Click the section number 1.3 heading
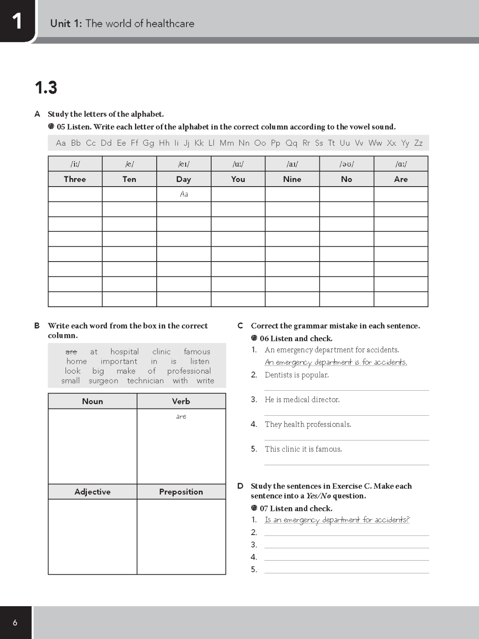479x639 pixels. click(x=46, y=88)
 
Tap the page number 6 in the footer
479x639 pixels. click(x=15, y=623)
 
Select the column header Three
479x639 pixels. click(x=75, y=179)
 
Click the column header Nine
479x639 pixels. click(x=292, y=179)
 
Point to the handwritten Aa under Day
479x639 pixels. click(x=184, y=194)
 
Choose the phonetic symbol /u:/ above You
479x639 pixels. click(x=238, y=164)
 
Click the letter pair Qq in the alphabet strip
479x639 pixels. click(x=291, y=143)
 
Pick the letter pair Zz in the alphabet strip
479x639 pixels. click(x=418, y=143)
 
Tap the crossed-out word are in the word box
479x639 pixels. click(x=71, y=352)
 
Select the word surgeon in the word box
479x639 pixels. click(x=103, y=381)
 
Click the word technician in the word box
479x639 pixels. click(x=145, y=381)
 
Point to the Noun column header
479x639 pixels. click(x=92, y=401)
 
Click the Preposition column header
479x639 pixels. click(x=181, y=492)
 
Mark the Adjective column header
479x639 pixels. click(x=92, y=492)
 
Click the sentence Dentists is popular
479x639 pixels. click(x=297, y=375)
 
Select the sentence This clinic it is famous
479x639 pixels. click(x=303, y=449)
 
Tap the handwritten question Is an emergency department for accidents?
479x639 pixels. click(x=337, y=520)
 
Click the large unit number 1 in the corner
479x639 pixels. click(x=17, y=21)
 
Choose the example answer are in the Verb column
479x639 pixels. click(x=181, y=417)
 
